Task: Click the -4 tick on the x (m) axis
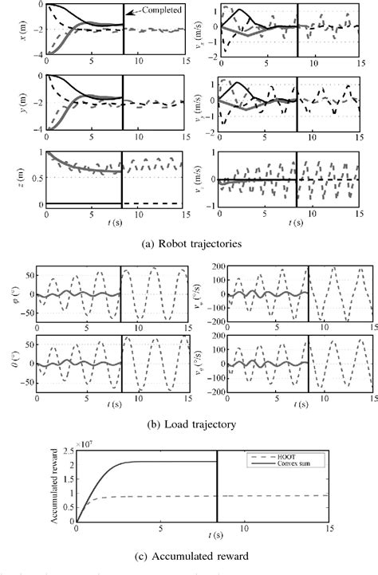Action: click(38, 54)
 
